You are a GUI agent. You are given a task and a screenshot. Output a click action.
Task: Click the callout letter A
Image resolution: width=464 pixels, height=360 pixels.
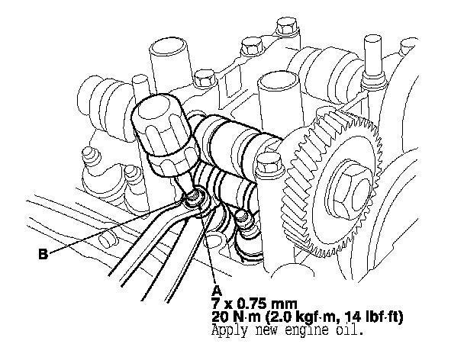tap(217, 291)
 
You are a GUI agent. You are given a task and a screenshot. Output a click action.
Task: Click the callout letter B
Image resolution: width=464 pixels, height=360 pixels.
tap(43, 254)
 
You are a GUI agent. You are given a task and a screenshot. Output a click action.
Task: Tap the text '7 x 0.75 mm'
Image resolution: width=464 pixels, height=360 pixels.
tap(254, 304)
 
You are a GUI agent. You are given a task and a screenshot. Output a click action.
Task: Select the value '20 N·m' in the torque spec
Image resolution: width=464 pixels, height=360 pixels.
tap(237, 317)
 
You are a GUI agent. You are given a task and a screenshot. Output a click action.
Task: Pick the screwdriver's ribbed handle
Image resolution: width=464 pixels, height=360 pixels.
tap(163, 134)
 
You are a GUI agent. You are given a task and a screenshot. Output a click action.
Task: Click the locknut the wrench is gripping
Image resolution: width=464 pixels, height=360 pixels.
tap(194, 198)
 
